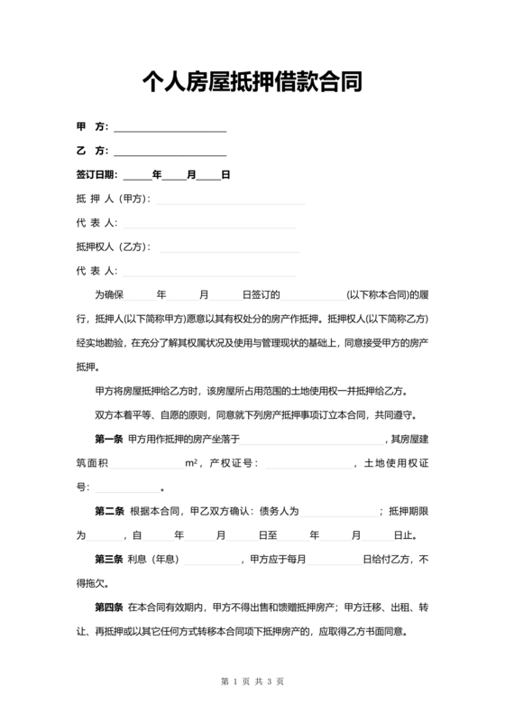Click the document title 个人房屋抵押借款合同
[252, 84]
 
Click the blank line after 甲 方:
[170, 127]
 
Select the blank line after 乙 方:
[170, 151]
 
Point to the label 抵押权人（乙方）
[112, 246]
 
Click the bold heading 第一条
[109, 439]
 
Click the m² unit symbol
[191, 463]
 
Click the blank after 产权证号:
[307, 463]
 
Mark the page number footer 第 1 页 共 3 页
[252, 680]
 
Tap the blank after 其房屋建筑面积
[147, 463]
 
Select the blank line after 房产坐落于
[311, 439]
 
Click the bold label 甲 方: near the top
[93, 126]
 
